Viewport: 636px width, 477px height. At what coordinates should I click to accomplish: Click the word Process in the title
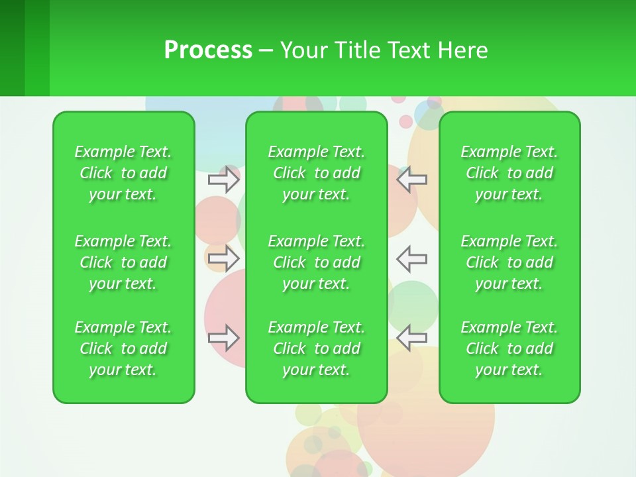(x=208, y=50)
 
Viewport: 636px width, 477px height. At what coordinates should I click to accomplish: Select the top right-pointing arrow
(x=224, y=179)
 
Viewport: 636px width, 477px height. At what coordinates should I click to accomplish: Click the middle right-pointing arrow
(x=224, y=258)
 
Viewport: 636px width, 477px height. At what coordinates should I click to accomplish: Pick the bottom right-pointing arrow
(x=224, y=337)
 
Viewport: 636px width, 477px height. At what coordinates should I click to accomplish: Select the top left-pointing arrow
(x=411, y=179)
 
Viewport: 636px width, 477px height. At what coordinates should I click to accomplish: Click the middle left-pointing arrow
(x=411, y=258)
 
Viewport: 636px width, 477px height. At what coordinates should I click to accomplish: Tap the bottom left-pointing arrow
(x=411, y=337)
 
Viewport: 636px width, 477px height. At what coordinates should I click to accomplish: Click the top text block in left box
(x=123, y=173)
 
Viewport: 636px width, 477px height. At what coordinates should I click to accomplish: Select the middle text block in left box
(x=123, y=262)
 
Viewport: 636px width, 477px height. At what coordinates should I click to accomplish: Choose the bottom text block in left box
(x=123, y=348)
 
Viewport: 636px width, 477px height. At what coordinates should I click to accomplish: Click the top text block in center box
(x=316, y=173)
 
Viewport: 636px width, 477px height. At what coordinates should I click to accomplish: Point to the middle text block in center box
(x=316, y=262)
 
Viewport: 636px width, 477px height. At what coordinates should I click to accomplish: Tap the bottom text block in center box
(x=316, y=348)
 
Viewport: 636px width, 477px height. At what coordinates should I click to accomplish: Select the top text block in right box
(x=509, y=173)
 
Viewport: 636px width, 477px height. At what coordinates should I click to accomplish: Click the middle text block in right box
(x=509, y=262)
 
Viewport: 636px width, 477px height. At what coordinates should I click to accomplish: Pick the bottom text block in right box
(x=509, y=348)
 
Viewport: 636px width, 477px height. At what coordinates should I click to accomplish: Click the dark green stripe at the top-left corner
(x=12, y=48)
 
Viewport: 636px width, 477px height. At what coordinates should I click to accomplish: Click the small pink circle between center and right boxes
(x=405, y=122)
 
